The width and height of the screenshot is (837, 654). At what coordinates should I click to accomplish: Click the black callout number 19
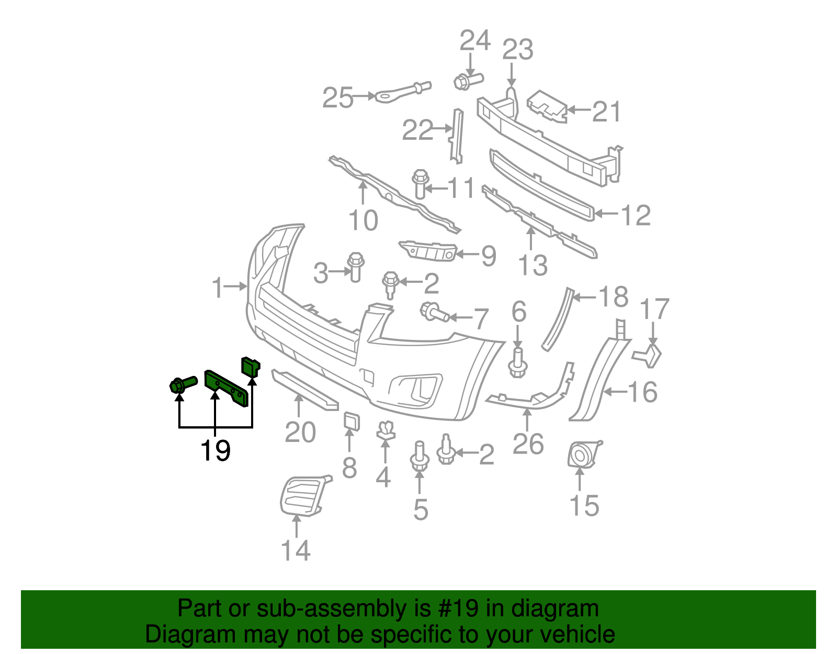(x=216, y=450)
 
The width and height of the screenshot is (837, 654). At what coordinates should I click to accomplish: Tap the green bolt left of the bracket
(x=182, y=385)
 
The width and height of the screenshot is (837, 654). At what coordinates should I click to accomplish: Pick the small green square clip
(x=250, y=366)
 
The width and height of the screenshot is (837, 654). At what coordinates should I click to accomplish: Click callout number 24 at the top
(x=475, y=41)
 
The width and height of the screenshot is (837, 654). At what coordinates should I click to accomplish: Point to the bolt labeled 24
(x=468, y=81)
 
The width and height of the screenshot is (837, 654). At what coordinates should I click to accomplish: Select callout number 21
(x=606, y=112)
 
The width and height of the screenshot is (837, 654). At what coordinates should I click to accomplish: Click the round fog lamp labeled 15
(x=582, y=455)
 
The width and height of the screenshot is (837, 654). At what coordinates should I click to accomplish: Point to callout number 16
(x=642, y=392)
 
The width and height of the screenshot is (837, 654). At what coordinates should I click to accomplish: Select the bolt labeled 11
(x=420, y=184)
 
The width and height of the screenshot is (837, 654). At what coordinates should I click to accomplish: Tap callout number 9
(x=488, y=256)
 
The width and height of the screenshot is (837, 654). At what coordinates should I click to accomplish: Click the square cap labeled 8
(x=352, y=422)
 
